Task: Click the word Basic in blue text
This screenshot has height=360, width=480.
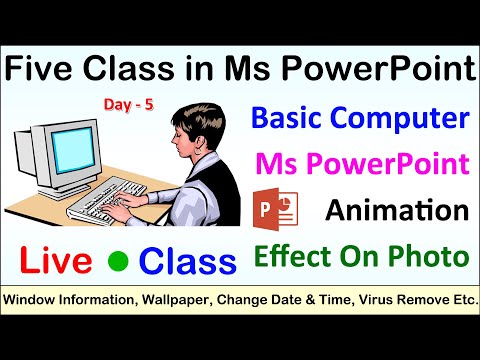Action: click(289, 121)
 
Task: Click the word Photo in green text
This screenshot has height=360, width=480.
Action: click(428, 257)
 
